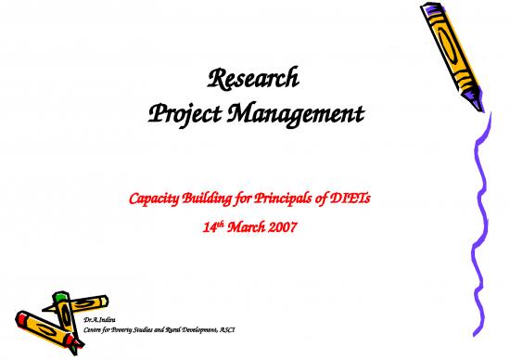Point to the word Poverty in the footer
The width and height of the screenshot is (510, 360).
[x=137, y=330]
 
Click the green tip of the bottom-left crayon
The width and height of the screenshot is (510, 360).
[x=60, y=296]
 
